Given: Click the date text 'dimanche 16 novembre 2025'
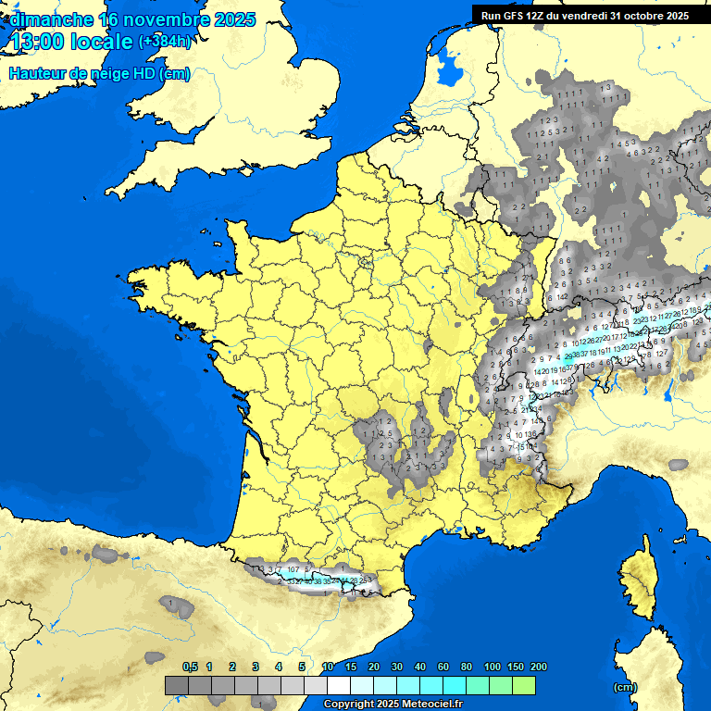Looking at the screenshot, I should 131,19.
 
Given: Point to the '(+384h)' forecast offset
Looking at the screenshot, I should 164,42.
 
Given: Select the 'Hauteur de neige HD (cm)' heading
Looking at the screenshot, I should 99,74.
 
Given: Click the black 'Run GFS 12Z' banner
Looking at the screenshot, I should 584,15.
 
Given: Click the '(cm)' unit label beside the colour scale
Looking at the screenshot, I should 625,687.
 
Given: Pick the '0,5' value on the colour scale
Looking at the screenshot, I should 190,667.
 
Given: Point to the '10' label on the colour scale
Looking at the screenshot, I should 328,667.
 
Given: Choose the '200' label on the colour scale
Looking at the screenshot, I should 538,667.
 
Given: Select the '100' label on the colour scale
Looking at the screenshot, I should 492,667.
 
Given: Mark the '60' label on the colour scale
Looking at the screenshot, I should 443,667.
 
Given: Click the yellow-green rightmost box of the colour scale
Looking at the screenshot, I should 524,685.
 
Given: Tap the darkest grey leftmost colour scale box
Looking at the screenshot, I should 177,685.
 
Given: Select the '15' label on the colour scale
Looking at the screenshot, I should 351,667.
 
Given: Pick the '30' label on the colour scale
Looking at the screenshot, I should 397,667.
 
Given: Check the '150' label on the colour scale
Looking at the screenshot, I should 516,667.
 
